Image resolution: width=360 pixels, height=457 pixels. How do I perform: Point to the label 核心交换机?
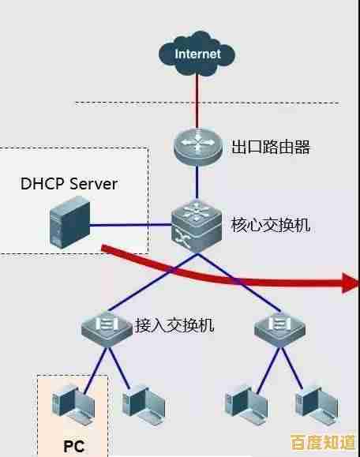click(x=270, y=225)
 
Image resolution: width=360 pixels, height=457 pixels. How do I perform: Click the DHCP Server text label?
click(x=69, y=184)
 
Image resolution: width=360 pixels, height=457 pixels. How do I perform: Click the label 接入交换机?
click(x=174, y=324)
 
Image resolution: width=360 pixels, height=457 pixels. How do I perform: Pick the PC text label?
click(x=73, y=444)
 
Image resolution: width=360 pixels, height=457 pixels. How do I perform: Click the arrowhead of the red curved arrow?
click(x=349, y=283)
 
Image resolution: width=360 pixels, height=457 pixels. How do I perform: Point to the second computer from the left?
click(x=142, y=402)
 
